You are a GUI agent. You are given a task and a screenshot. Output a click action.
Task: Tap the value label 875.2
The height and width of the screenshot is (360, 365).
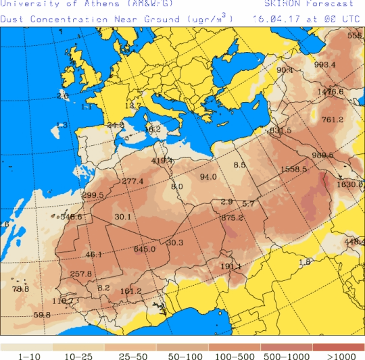click(232, 217)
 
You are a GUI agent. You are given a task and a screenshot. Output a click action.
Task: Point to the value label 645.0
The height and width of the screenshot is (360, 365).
click(145, 249)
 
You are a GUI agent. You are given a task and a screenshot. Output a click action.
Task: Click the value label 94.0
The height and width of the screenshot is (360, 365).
click(208, 178)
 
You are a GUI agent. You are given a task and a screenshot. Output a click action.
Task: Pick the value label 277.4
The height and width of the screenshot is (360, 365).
click(133, 182)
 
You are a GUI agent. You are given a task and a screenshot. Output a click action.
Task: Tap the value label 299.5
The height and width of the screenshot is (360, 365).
click(93, 196)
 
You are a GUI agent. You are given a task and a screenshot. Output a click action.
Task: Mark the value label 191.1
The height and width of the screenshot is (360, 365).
click(230, 267)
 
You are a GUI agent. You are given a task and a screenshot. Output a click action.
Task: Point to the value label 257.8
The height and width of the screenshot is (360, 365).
click(81, 274)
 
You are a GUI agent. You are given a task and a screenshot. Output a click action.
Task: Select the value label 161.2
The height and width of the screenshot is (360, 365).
click(130, 292)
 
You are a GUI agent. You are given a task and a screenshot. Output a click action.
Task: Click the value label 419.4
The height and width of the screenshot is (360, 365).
click(162, 161)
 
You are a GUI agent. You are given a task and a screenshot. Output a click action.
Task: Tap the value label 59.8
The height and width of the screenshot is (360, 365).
click(42, 315)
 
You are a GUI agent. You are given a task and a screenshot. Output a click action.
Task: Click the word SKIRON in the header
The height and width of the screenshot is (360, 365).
click(279, 4)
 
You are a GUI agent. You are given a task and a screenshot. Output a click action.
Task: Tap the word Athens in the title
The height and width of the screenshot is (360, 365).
click(98, 4)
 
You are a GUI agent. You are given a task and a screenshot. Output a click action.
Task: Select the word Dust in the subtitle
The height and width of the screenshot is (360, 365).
click(11, 19)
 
